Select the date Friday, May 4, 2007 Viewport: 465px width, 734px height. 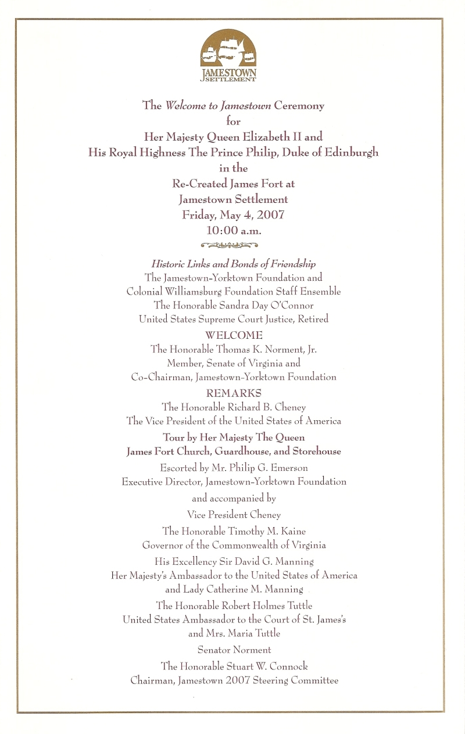[233, 214]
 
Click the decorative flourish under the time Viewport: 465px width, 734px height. [233, 245]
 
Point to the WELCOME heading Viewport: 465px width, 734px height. [234, 335]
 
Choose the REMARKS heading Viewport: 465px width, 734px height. [234, 393]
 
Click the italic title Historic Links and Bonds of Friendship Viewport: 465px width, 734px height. [234, 264]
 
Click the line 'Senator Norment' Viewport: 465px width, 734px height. [234, 650]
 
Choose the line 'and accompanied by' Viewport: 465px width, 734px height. [234, 499]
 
